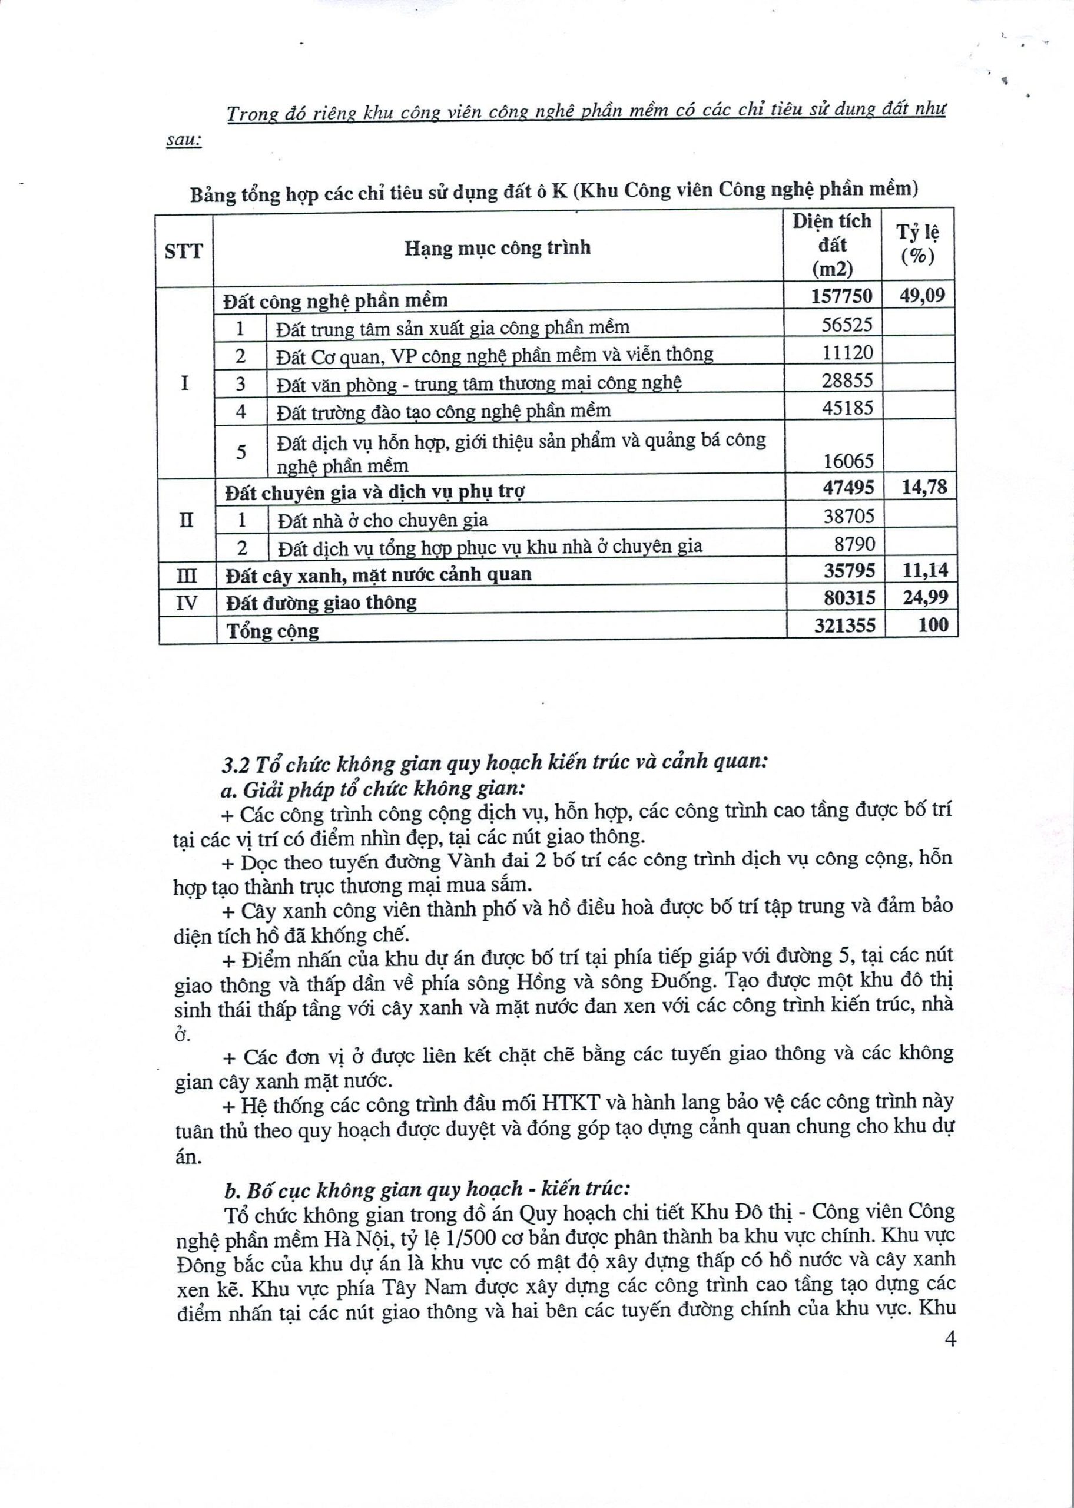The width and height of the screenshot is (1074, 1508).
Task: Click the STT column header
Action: [x=183, y=252]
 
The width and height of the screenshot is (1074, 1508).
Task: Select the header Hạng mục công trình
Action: [x=498, y=248]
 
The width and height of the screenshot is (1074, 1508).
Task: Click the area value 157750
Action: [x=842, y=296]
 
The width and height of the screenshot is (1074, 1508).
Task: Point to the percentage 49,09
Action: [x=922, y=295]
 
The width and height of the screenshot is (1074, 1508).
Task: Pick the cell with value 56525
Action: [x=847, y=324]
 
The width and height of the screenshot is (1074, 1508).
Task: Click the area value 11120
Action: [x=848, y=352]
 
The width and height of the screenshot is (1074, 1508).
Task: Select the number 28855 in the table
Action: [x=847, y=381]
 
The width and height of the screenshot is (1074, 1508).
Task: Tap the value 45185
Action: [x=847, y=408]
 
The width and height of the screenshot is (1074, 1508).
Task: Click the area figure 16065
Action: [x=848, y=460]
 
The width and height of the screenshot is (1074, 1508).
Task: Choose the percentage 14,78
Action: [x=924, y=488]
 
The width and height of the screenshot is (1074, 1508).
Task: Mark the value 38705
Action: [x=848, y=516]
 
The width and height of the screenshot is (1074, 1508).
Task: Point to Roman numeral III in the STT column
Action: [x=187, y=575]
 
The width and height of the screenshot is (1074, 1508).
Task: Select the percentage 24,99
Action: [x=925, y=597]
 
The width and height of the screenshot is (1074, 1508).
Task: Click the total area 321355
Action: [x=844, y=625]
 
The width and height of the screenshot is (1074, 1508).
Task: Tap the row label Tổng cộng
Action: [x=273, y=630]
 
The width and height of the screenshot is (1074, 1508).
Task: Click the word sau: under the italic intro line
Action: [x=183, y=141]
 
